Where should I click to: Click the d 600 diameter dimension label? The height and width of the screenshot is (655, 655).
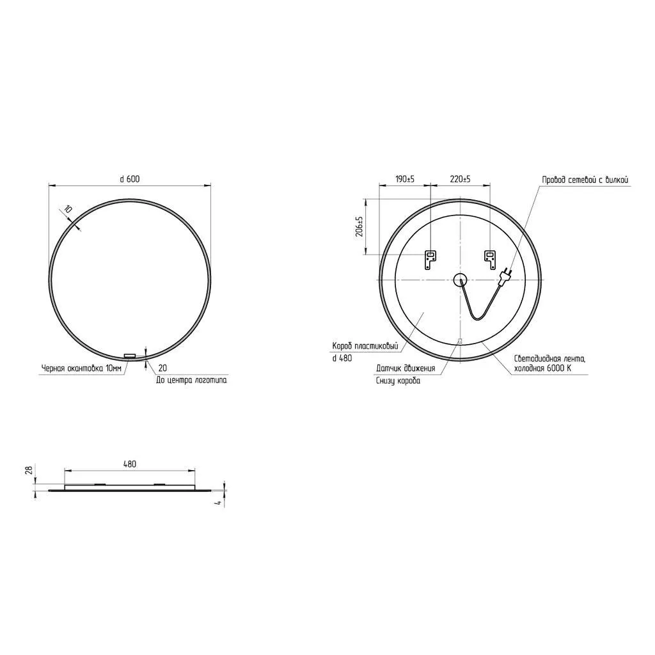click(x=130, y=179)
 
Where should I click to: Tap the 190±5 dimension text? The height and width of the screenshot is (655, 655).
click(x=405, y=179)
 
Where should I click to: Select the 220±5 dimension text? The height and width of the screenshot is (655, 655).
click(x=460, y=179)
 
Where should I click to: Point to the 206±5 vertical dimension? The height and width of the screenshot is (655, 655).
click(x=359, y=226)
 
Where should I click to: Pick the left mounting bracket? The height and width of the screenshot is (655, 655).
click(x=430, y=260)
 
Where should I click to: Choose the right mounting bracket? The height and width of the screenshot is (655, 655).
click(x=489, y=260)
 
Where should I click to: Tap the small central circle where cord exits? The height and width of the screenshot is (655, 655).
click(x=460, y=279)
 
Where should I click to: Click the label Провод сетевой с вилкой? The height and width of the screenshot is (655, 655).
click(x=585, y=180)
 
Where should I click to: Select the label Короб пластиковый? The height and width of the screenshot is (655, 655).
click(x=365, y=346)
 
